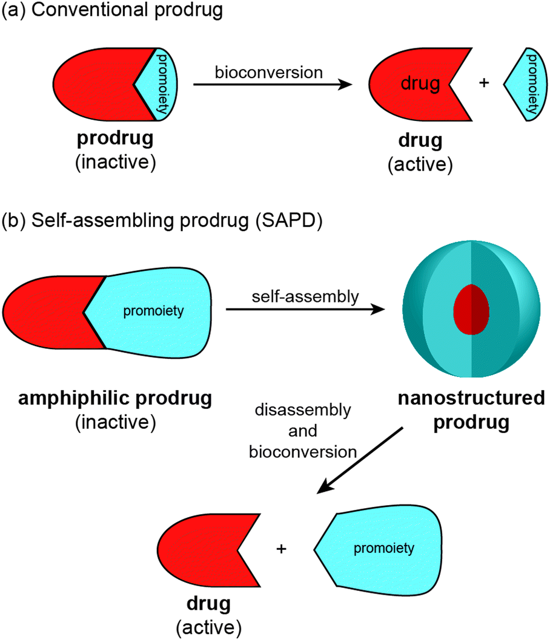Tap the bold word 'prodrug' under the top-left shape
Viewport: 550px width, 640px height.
[x=114, y=139]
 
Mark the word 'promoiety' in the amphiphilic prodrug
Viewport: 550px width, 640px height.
[x=153, y=312]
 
